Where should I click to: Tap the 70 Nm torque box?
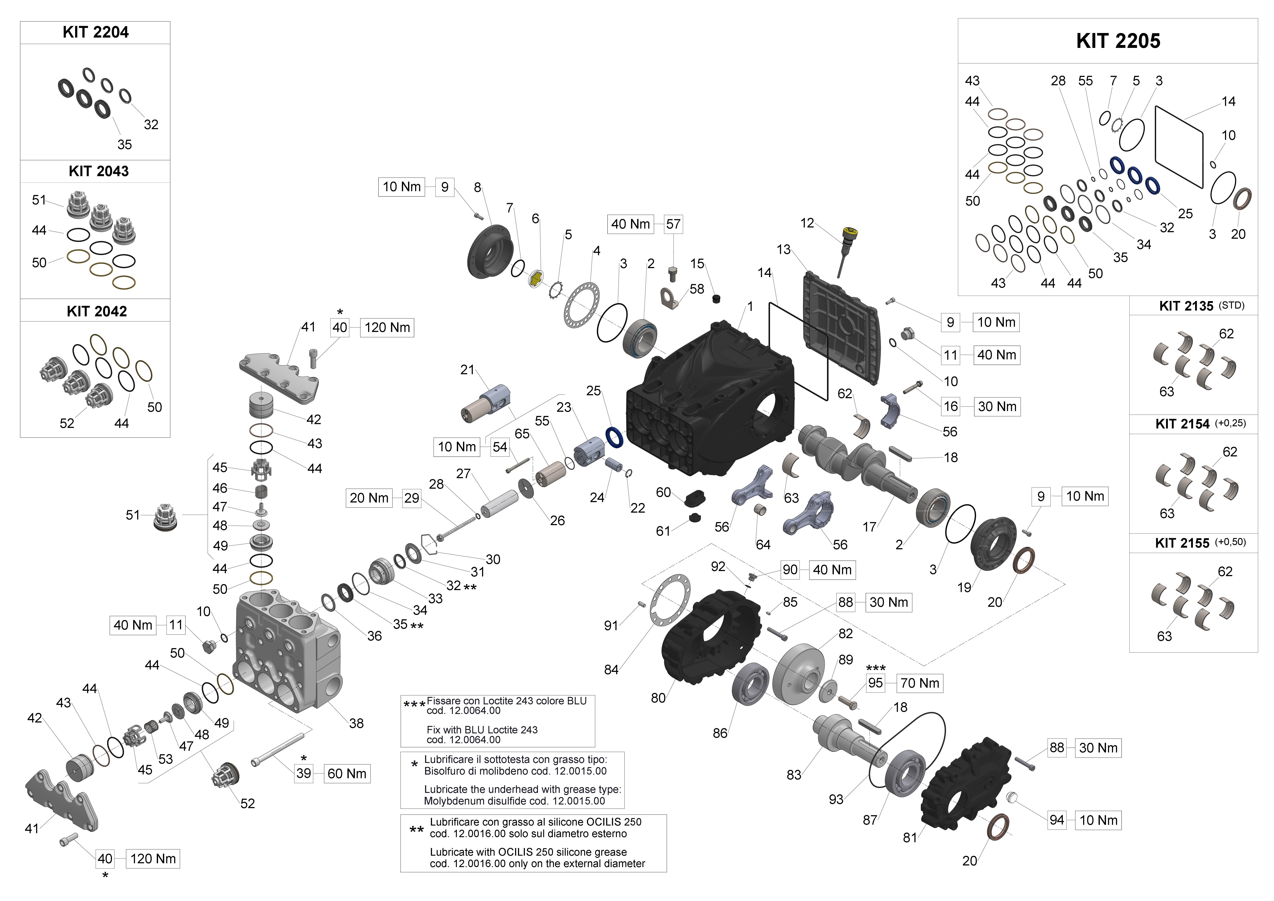(x=919, y=683)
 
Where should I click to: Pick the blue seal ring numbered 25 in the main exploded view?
(x=614, y=437)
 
